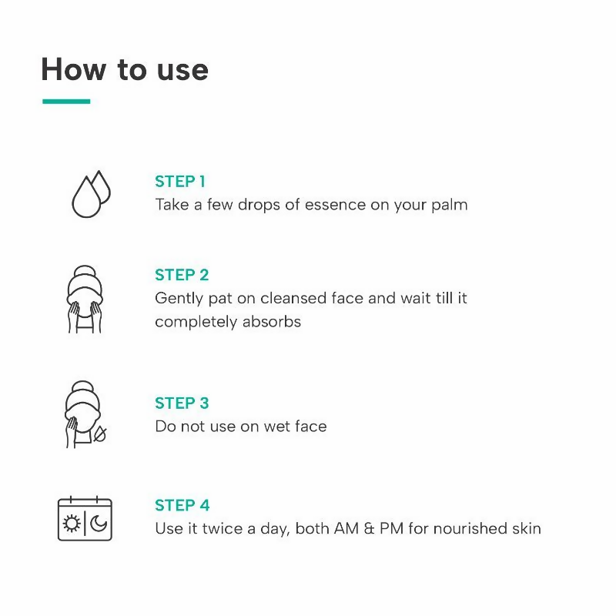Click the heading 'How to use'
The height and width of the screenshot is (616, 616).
click(125, 69)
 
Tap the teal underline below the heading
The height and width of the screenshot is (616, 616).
click(66, 102)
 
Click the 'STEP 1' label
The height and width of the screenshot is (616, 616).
click(180, 182)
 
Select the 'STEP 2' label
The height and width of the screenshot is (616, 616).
click(182, 275)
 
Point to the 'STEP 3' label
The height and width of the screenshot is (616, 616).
click(182, 403)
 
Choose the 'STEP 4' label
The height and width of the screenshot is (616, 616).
click(182, 505)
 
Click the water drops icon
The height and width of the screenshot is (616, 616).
click(91, 194)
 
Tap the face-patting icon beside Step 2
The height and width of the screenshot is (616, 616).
click(85, 300)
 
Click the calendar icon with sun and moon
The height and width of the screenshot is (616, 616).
click(85, 518)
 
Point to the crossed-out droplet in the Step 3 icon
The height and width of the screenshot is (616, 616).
click(100, 434)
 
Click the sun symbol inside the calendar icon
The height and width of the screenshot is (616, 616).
click(72, 524)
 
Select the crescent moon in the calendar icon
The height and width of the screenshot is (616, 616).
click(99, 524)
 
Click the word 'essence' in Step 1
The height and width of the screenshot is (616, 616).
click(335, 205)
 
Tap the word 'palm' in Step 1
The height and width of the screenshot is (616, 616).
click(450, 205)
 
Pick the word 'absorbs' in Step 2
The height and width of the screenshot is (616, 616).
click(272, 322)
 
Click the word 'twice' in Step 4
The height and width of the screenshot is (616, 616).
click(223, 528)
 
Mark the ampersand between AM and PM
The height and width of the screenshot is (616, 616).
click(370, 528)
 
